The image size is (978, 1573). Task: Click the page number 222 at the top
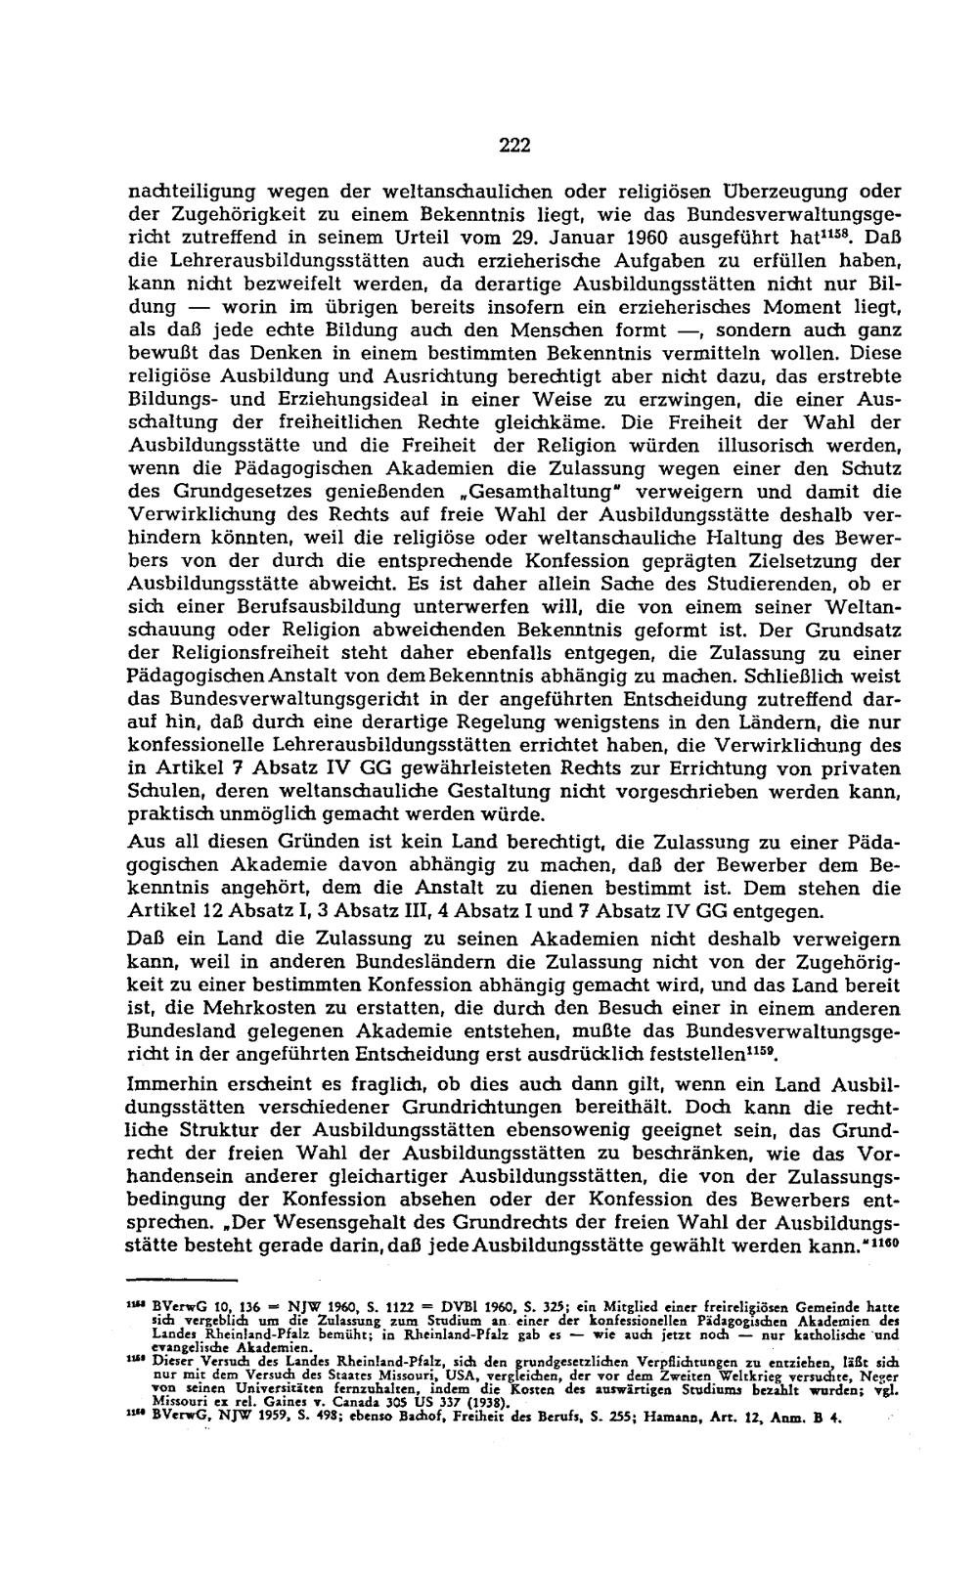click(513, 147)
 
